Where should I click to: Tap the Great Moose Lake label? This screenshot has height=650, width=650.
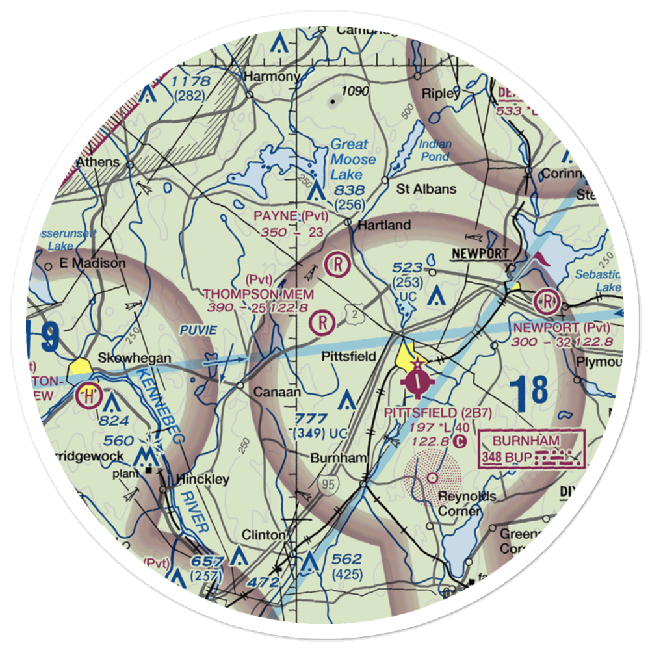(x=353, y=159)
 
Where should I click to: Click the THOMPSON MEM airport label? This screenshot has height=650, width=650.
(x=259, y=294)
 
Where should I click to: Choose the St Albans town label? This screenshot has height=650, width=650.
(x=426, y=189)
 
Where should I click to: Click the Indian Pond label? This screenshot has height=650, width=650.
(x=434, y=150)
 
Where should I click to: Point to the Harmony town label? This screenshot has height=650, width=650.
(x=271, y=77)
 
